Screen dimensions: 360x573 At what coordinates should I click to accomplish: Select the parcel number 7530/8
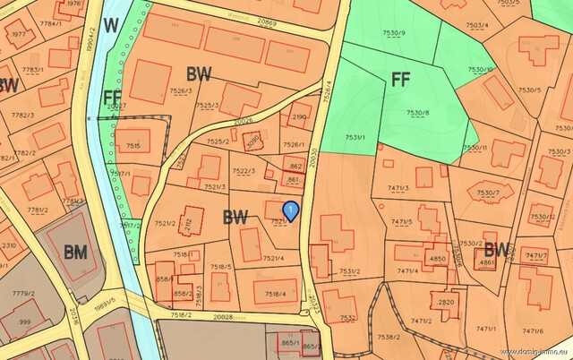(418, 112)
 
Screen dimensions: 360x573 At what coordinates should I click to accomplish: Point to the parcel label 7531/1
(355, 137)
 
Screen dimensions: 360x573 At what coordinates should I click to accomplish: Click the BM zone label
(75, 253)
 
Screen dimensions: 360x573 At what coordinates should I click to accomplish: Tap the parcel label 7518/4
(274, 293)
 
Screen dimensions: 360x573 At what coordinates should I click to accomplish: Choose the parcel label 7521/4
(273, 259)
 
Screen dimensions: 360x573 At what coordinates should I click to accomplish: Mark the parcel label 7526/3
(182, 90)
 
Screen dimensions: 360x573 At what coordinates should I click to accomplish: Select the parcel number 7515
(133, 145)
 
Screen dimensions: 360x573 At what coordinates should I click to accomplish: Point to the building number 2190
(299, 116)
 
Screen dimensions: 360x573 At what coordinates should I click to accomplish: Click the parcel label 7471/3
(398, 187)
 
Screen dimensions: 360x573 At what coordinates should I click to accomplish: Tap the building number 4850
(437, 259)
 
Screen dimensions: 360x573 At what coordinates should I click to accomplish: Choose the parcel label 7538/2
(389, 337)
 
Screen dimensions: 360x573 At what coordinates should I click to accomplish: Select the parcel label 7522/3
(244, 171)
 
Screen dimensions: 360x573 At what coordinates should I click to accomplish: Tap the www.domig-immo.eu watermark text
(535, 352)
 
